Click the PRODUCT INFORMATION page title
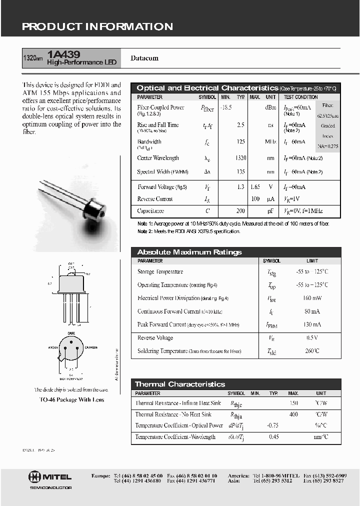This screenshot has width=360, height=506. pos(97,27)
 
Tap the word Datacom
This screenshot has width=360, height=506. pos(144,58)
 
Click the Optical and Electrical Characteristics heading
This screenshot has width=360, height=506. pos(207,88)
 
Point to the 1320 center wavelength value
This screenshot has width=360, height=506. pos(240,158)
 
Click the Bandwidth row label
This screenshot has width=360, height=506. pos(149,141)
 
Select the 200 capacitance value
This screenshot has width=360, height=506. pos(240,211)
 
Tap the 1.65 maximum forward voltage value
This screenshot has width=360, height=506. pos(255,187)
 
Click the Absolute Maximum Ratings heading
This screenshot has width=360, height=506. pos(189,252)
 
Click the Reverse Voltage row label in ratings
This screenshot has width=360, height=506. pos(155,338)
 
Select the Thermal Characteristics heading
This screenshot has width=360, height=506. pos(180,384)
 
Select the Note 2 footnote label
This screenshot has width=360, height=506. pos(144,231)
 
